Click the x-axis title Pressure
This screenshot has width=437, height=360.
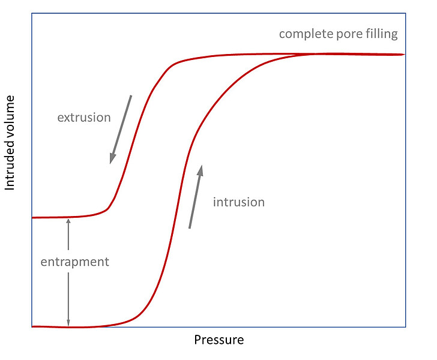218,340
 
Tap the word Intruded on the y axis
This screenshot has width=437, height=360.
10,169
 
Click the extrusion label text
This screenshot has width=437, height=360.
84,118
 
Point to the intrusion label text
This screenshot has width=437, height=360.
238,202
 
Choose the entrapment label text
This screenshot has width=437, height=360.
75,262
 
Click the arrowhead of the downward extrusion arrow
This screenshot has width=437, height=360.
111,161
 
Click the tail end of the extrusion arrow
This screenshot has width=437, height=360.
131,95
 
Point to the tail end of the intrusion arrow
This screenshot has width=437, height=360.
190,229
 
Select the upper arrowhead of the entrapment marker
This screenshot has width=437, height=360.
68,220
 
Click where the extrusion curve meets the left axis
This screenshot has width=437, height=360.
32,217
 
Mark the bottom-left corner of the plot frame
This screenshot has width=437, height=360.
31,327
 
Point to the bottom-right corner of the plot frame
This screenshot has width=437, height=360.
405,327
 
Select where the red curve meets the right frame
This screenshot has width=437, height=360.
405,55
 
